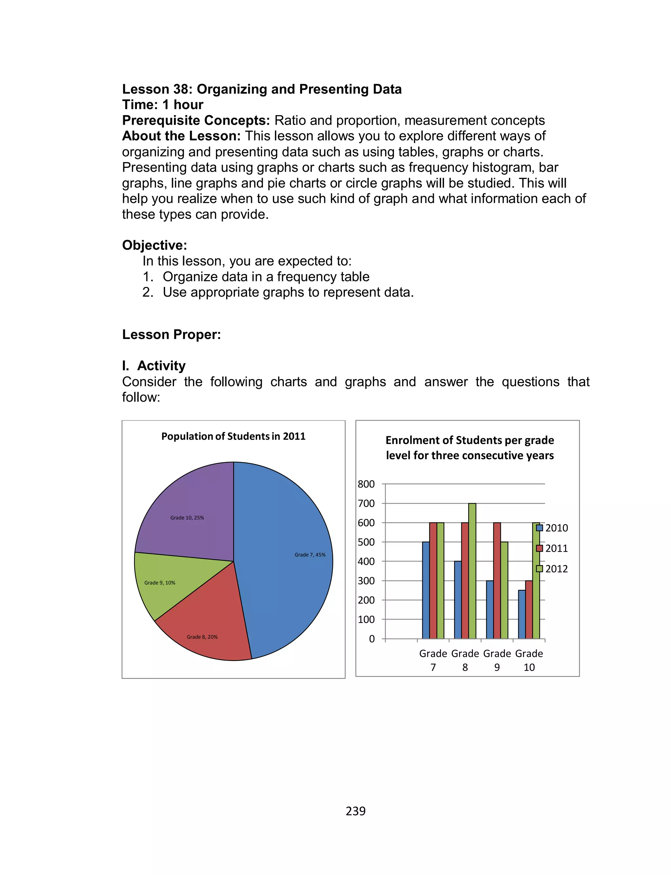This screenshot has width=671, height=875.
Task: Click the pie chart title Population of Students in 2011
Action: coord(233,436)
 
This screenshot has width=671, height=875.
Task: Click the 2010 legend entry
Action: coord(552,528)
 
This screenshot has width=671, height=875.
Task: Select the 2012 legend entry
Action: coord(552,568)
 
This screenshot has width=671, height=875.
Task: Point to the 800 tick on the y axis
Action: coord(366,484)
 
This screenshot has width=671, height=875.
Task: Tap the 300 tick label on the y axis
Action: coord(366,581)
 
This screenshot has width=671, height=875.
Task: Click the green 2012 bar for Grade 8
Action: coord(472,571)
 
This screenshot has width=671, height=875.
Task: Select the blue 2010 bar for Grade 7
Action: coord(426,591)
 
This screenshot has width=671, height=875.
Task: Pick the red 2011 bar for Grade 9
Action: coord(497,579)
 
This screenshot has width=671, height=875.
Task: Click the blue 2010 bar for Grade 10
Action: coord(522,615)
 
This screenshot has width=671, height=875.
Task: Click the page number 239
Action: coord(355,811)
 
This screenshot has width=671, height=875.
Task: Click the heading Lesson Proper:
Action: coord(171,334)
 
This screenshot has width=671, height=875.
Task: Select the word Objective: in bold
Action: coord(155,245)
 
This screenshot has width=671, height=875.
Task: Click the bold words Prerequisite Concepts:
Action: coord(196,120)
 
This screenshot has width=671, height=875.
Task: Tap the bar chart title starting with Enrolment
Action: coord(470,448)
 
